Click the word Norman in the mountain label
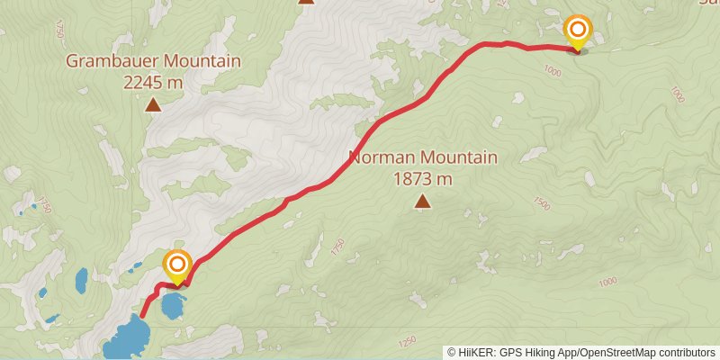pos(377,158)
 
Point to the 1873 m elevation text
pos(422,179)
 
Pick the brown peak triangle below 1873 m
pos(422,202)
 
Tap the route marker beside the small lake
pos(177,265)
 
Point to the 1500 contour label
pos(540,203)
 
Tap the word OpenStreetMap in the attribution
pos(617,352)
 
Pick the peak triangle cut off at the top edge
pos(306,2)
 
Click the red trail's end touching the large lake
pos(142,316)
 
